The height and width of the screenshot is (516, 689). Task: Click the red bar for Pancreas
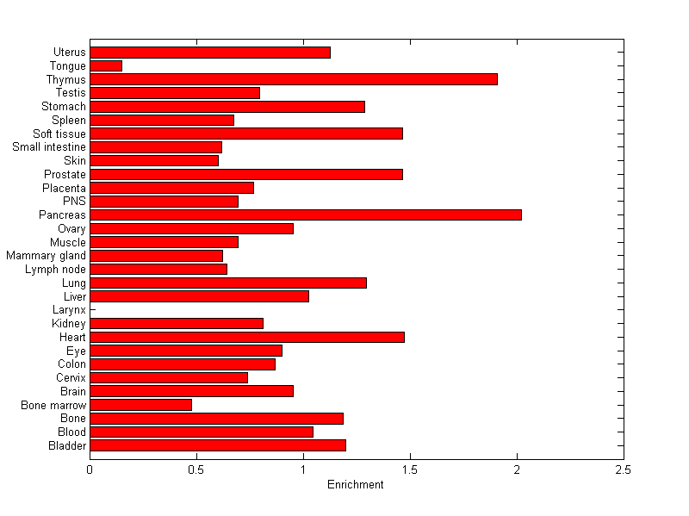click(305, 214)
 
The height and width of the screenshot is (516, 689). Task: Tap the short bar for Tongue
click(106, 65)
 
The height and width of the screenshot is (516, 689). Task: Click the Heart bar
click(246, 337)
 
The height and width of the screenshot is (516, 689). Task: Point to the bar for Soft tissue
click(245, 134)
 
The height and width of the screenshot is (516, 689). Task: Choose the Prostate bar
click(245, 174)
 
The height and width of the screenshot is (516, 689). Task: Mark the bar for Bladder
click(217, 445)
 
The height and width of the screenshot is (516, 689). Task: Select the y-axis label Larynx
click(69, 310)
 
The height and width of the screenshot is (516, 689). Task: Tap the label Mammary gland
click(46, 256)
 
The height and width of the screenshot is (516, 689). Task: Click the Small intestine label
click(49, 147)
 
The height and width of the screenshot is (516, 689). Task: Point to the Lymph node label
click(56, 270)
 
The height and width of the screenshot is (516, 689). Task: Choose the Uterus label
click(69, 53)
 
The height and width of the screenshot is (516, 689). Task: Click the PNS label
click(75, 202)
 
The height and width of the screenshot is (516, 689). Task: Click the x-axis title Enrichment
click(355, 485)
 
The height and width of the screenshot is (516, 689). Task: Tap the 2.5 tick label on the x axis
click(623, 470)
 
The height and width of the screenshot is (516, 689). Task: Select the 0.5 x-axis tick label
click(196, 470)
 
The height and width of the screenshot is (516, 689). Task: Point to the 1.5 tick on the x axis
click(409, 470)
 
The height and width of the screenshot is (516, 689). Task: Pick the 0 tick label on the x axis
click(90, 470)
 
